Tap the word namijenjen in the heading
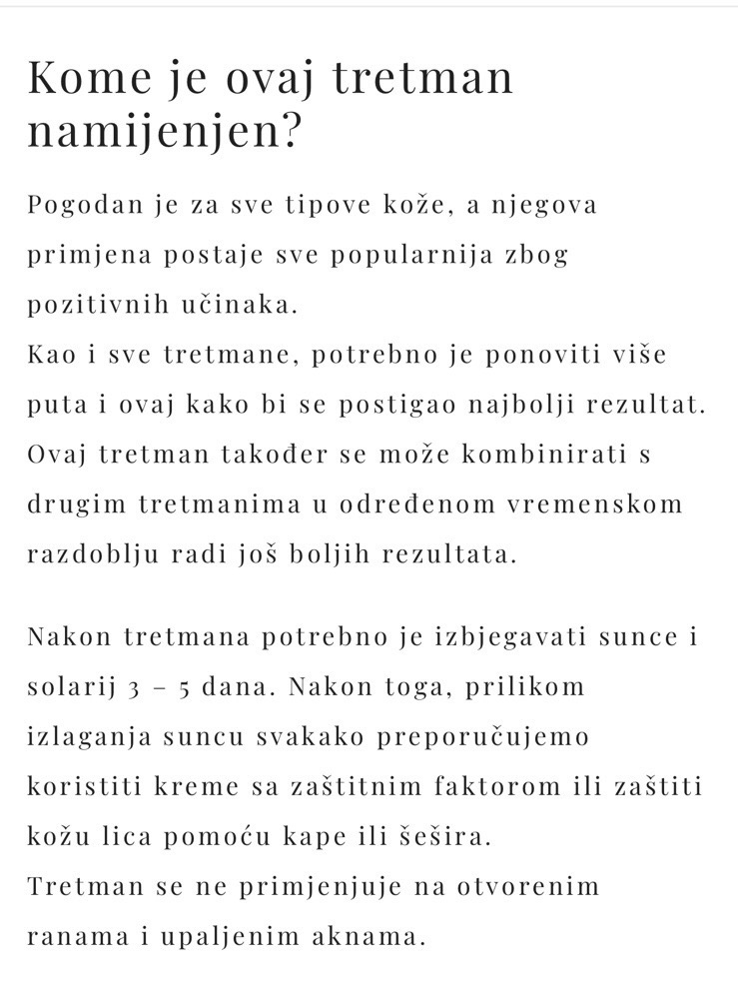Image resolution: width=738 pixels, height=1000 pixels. click(x=151, y=133)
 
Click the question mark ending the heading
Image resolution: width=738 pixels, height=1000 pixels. click(x=288, y=131)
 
